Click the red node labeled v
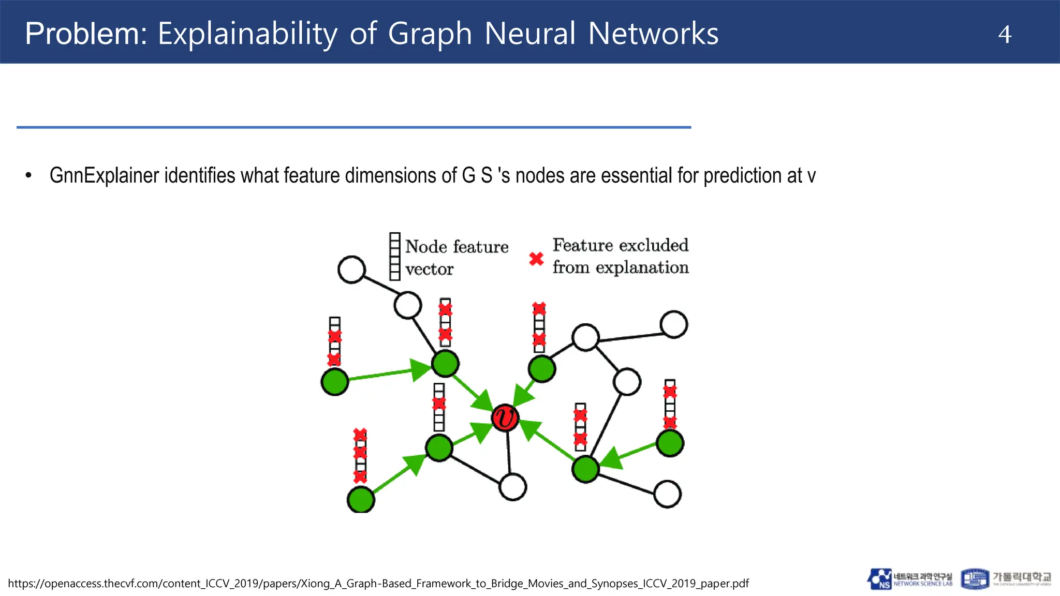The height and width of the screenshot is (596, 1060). [505, 418]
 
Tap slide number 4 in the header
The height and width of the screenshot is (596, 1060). [1004, 35]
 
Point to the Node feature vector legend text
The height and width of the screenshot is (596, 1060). [456, 257]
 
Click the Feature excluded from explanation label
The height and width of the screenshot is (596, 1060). [620, 256]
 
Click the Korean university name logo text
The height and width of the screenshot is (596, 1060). [1021, 578]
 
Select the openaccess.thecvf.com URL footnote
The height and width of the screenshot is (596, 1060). [378, 584]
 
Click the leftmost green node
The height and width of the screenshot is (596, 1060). [335, 382]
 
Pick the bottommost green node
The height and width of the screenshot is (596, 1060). [361, 500]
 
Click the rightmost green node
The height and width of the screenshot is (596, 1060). [670, 443]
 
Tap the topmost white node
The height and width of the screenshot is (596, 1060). [351, 270]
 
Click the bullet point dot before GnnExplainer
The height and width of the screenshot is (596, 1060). [29, 176]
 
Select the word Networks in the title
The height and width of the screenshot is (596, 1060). [653, 34]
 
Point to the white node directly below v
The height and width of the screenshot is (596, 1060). [512, 487]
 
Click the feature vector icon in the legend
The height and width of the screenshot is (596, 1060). [395, 257]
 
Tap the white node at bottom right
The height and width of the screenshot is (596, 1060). [667, 494]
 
